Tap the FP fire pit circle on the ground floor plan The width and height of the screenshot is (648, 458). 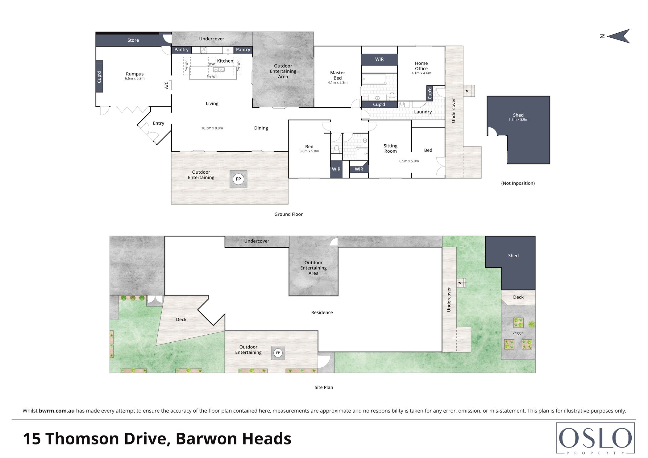238,179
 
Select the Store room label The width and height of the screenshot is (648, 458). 133,40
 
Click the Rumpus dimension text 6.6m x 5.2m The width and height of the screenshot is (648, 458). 135,78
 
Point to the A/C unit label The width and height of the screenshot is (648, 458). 166,85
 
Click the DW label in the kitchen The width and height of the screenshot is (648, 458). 212,64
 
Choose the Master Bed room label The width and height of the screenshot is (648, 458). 337,75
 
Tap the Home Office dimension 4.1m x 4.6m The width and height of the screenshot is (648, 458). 421,73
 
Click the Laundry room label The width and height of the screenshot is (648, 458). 422,112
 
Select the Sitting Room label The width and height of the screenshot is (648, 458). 390,148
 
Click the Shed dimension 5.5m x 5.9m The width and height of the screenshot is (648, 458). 518,120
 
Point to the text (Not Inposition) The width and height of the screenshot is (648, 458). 518,183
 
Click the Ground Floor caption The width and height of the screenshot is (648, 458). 288,214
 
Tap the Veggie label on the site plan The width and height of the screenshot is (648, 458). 518,333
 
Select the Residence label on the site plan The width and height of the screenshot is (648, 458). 322,312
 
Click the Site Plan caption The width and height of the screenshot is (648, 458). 324,387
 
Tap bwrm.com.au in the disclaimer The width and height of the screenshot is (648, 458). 57,411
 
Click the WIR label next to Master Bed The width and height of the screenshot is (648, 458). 379,59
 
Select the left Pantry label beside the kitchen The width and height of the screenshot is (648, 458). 181,50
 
